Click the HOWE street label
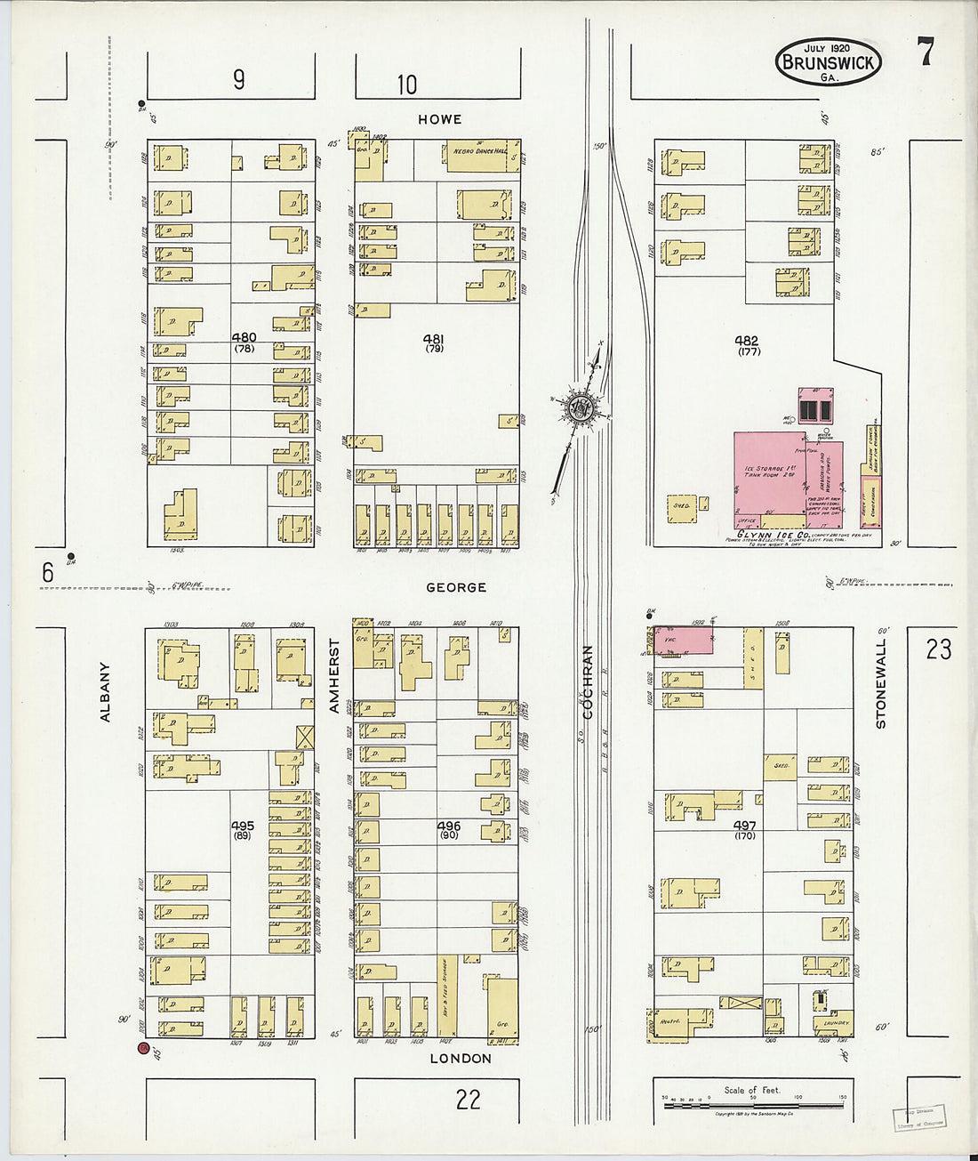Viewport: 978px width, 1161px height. [440, 119]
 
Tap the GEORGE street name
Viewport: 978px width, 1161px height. [456, 587]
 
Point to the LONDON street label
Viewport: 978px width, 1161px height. [461, 1058]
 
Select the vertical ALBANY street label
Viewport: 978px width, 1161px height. [105, 691]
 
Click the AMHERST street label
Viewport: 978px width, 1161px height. [335, 675]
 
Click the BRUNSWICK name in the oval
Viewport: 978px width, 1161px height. [828, 62]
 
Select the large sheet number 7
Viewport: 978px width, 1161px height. [926, 53]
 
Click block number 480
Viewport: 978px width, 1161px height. [244, 337]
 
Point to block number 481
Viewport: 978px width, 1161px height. [434, 339]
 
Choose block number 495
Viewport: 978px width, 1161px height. [242, 826]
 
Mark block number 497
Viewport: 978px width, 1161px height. [745, 826]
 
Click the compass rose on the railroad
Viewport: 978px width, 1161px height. [581, 408]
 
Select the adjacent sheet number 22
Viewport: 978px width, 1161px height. [468, 1100]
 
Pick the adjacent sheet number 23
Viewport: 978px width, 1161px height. [938, 649]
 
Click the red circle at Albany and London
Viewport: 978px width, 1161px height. [142, 1049]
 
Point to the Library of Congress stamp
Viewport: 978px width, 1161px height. [919, 1117]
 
